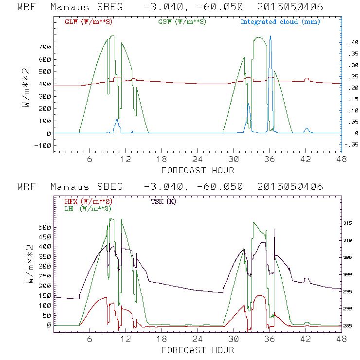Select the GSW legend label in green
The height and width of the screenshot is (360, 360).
point(182,22)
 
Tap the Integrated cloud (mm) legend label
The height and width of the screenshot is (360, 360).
point(280,22)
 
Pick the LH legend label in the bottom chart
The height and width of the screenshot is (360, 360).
point(88,208)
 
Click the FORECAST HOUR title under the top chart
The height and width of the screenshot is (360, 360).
point(198,170)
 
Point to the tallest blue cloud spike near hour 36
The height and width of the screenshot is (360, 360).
point(270,37)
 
